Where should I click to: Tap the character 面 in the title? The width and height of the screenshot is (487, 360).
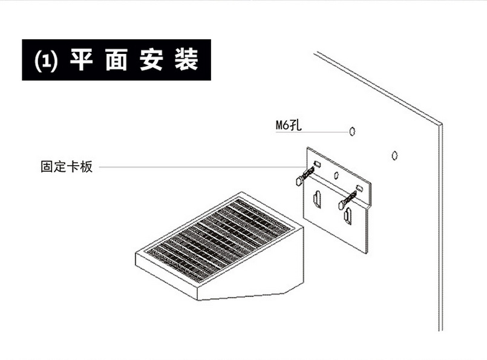[116, 61]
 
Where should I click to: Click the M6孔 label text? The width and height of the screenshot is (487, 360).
[288, 126]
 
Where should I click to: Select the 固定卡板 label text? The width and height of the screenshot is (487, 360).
[67, 167]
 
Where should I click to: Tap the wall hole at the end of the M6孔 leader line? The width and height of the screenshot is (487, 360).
[351, 131]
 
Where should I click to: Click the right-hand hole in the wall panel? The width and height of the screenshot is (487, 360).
[394, 155]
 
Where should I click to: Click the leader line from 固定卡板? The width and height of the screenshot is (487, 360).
[200, 167]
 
